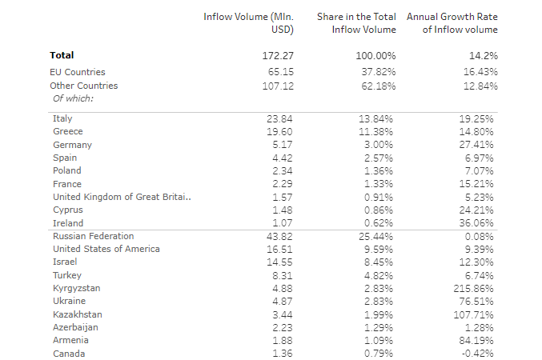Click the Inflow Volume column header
click(x=249, y=22)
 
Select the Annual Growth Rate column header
click(x=452, y=22)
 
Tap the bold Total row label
click(x=62, y=55)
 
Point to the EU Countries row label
click(x=78, y=72)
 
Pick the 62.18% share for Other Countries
click(x=375, y=86)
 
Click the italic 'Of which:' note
click(x=74, y=98)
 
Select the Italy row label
click(x=62, y=118)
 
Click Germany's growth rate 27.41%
click(x=479, y=145)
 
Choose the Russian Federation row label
click(x=93, y=236)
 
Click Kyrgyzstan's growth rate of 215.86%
click(x=476, y=288)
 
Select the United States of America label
click(x=106, y=249)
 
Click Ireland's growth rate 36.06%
click(x=479, y=223)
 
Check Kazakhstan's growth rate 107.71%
click(x=476, y=314)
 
